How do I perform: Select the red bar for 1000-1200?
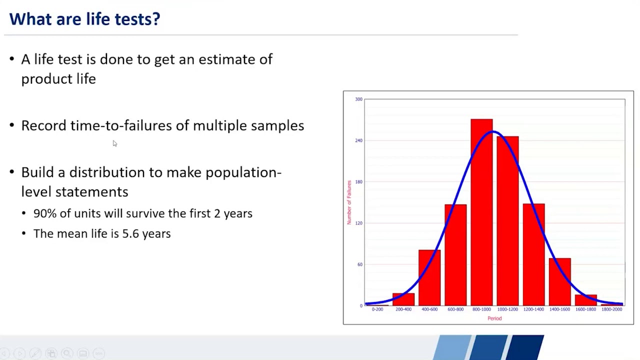(x=507, y=220)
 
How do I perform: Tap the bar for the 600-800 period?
(x=455, y=255)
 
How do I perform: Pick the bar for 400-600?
(x=429, y=277)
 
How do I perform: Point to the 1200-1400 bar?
(x=533, y=255)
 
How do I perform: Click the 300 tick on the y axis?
(x=358, y=99)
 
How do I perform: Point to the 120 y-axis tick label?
(x=359, y=223)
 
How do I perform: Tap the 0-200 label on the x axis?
(x=377, y=309)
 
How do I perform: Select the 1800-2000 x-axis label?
(x=611, y=309)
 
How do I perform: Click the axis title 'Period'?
(x=494, y=318)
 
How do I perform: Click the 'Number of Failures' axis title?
(x=349, y=202)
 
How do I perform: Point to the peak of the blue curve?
(x=493, y=131)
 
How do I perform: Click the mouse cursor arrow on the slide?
(x=114, y=143)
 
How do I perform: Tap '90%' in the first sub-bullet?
(x=44, y=213)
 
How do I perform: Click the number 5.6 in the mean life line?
(x=130, y=233)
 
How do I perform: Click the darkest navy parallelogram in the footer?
(x=527, y=347)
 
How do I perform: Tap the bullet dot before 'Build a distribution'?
(x=12, y=172)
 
